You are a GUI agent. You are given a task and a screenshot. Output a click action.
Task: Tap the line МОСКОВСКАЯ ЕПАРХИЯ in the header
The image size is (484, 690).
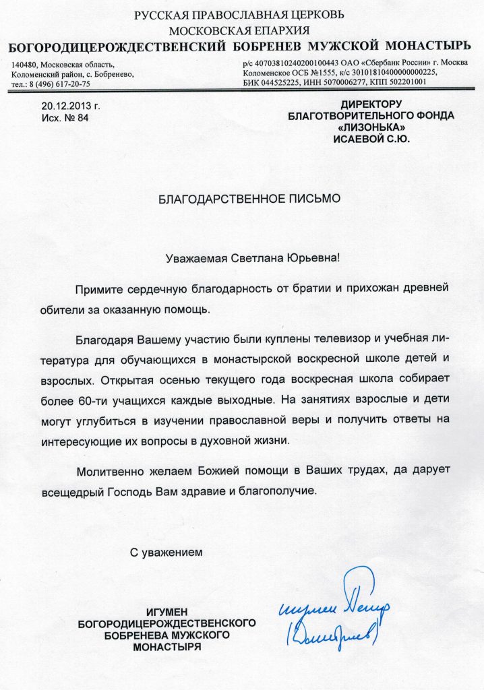pyautogui.click(x=239, y=30)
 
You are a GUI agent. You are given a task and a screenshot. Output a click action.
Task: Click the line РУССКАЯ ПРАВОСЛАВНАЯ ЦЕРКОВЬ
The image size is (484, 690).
pyautogui.click(x=239, y=15)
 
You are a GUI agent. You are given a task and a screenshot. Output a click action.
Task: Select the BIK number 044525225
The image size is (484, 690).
pyautogui.click(x=284, y=82)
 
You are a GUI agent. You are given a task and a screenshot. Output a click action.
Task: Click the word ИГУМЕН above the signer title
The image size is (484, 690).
pyautogui.click(x=166, y=612)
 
